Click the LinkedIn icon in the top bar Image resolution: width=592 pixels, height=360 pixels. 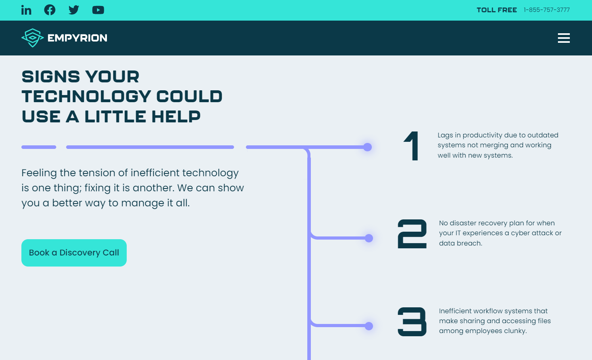point(26,10)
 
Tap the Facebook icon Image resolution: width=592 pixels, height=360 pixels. point(49,10)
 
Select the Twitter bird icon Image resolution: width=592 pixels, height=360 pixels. point(74,10)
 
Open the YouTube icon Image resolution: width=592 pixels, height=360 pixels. point(98,10)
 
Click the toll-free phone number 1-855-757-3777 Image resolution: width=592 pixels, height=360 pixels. point(546,10)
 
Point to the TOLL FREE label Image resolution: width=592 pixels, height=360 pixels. point(497,10)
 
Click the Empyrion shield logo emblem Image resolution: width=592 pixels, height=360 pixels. point(32,38)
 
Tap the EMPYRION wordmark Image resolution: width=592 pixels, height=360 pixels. point(78,38)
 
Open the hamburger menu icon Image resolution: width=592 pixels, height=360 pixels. point(564,38)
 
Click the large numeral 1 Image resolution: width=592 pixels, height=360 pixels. point(411,146)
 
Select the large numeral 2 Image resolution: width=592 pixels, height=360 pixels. point(412,234)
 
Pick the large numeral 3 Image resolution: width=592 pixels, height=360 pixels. point(412,322)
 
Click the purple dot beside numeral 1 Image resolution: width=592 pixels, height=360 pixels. point(367,147)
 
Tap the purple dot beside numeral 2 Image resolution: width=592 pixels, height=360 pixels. point(369,238)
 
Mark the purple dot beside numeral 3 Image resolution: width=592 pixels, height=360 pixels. point(369,326)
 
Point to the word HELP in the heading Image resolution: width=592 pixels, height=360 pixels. point(176,116)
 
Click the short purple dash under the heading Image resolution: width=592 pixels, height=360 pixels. point(39,147)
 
